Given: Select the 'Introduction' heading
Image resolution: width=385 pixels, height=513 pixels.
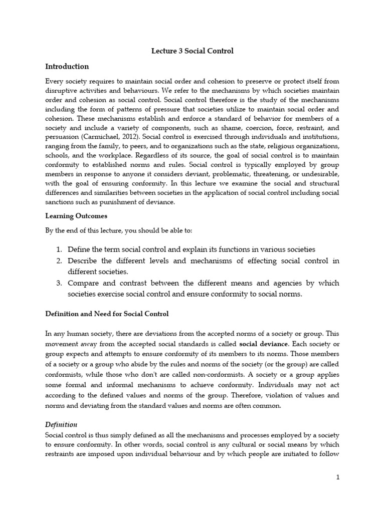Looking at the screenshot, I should (x=67, y=66).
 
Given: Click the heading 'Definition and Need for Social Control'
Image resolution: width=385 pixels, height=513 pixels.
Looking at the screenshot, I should (x=107, y=314).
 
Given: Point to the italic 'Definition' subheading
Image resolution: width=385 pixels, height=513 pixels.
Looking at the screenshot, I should (x=61, y=424).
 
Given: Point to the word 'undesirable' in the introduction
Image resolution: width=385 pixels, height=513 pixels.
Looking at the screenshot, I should (x=319, y=179).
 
